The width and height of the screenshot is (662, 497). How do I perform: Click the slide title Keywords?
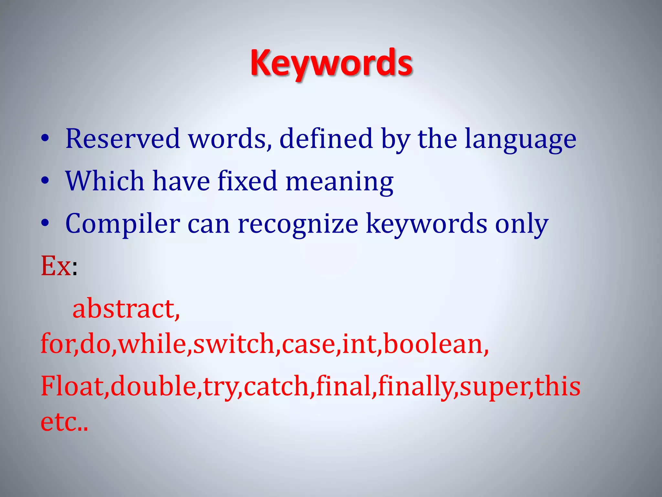331,63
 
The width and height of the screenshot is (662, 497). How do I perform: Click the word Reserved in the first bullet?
122,138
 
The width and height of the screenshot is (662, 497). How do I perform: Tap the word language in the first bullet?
520,139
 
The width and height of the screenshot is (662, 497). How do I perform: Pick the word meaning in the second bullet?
339,182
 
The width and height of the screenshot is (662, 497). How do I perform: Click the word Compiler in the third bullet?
122,224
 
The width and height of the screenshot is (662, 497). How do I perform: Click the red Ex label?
56,266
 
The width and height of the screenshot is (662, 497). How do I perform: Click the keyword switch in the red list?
234,343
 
